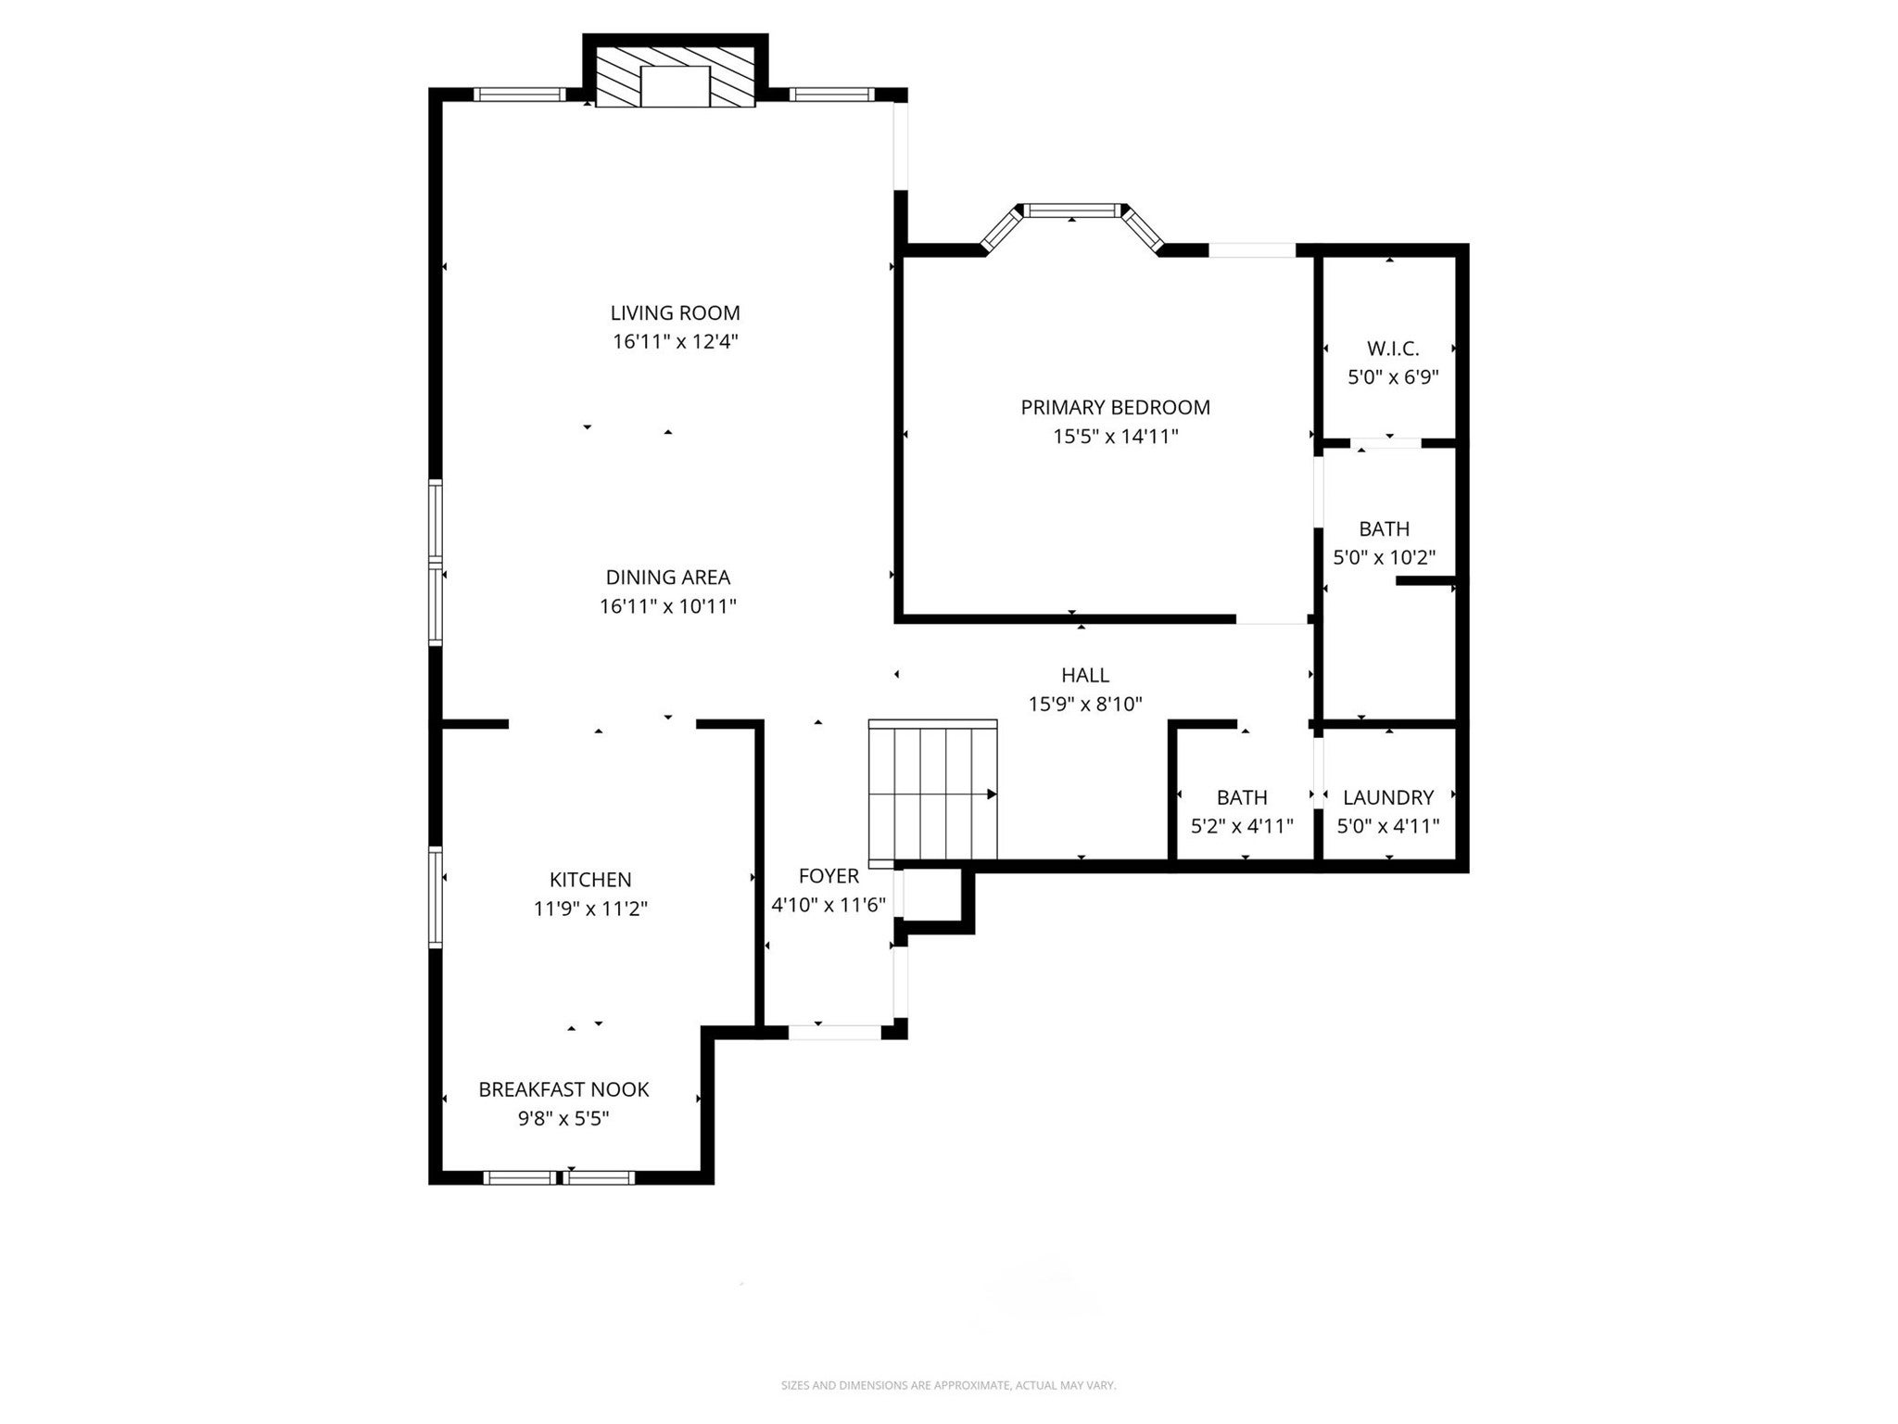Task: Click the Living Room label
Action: (675, 313)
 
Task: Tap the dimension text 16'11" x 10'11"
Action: (667, 607)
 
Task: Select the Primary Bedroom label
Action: (1115, 408)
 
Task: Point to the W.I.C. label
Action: (1392, 350)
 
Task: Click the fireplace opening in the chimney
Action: (675, 87)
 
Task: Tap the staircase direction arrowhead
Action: (991, 795)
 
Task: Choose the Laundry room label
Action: (1387, 797)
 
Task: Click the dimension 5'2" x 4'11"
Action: (1242, 826)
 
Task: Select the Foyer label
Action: (829, 876)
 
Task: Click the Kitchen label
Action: (590, 880)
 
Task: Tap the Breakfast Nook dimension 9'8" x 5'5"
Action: (563, 1119)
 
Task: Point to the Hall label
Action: (1084, 676)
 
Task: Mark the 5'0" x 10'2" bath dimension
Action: (1384, 558)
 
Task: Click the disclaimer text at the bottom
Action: (948, 1386)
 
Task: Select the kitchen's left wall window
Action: (435, 896)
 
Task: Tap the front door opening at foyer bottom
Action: (833, 1031)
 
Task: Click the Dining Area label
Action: (667, 578)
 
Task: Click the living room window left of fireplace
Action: (519, 95)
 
